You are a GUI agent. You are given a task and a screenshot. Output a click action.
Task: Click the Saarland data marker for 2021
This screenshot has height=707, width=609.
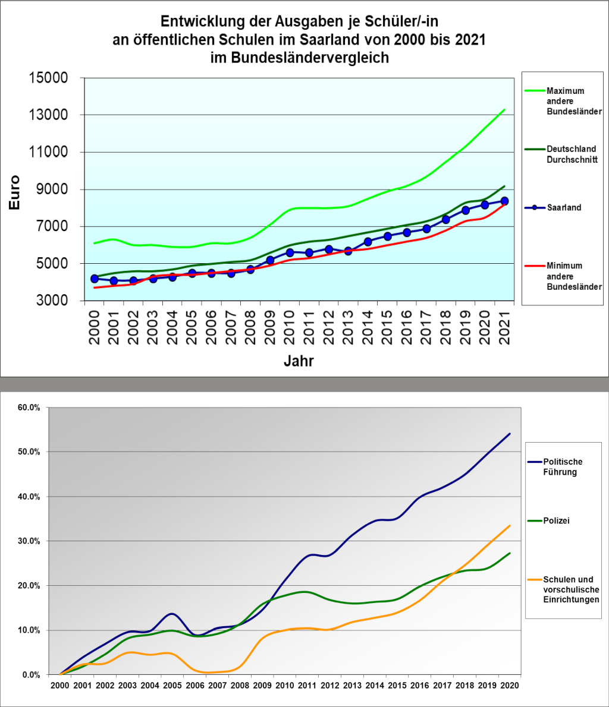click(504, 201)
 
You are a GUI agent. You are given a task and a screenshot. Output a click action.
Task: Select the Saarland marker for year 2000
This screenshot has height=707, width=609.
click(94, 279)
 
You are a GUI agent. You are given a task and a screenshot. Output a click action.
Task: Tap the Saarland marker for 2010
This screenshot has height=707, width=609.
click(290, 252)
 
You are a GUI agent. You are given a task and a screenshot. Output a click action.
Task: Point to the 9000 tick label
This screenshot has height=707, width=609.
click(52, 190)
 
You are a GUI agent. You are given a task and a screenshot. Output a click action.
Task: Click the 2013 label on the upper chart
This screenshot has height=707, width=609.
click(348, 330)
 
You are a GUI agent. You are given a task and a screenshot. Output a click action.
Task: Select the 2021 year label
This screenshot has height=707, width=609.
click(505, 330)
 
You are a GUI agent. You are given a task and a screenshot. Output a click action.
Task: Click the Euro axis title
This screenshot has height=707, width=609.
click(14, 192)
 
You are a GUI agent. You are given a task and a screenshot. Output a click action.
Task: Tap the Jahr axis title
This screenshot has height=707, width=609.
click(299, 361)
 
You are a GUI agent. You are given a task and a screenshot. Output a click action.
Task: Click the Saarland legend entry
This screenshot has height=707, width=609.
click(563, 208)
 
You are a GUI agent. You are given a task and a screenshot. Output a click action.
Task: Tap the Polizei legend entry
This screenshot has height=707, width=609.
click(556, 521)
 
